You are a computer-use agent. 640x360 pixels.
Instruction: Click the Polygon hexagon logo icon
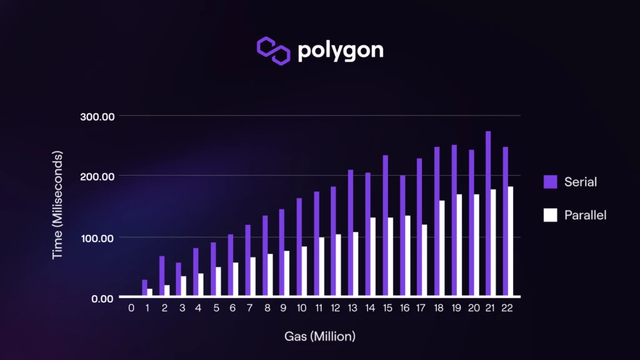[x=274, y=50]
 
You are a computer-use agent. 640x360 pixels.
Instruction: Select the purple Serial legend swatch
[x=550, y=182]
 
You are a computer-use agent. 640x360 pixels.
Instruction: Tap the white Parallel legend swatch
[x=550, y=215]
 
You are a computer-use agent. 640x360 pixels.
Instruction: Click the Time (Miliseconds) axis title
[x=57, y=205]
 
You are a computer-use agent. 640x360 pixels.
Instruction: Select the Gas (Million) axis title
[x=320, y=336]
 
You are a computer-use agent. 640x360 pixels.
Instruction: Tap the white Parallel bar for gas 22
[x=511, y=241]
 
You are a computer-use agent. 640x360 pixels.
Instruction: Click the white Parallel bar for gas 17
[x=425, y=260]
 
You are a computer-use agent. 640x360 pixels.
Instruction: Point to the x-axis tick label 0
[x=131, y=307]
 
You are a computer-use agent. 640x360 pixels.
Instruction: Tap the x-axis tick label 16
[x=405, y=307]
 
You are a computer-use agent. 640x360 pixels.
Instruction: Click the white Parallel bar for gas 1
[x=150, y=292]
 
